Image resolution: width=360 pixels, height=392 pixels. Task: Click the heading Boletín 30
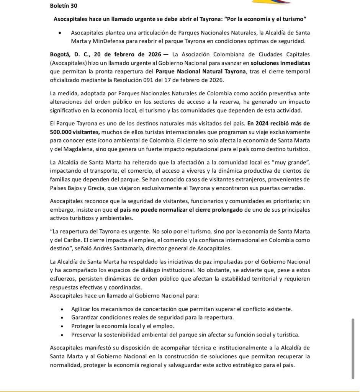[63, 6]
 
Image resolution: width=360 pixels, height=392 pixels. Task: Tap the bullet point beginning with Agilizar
[182, 309]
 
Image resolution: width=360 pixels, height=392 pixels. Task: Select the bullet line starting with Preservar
[185, 335]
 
